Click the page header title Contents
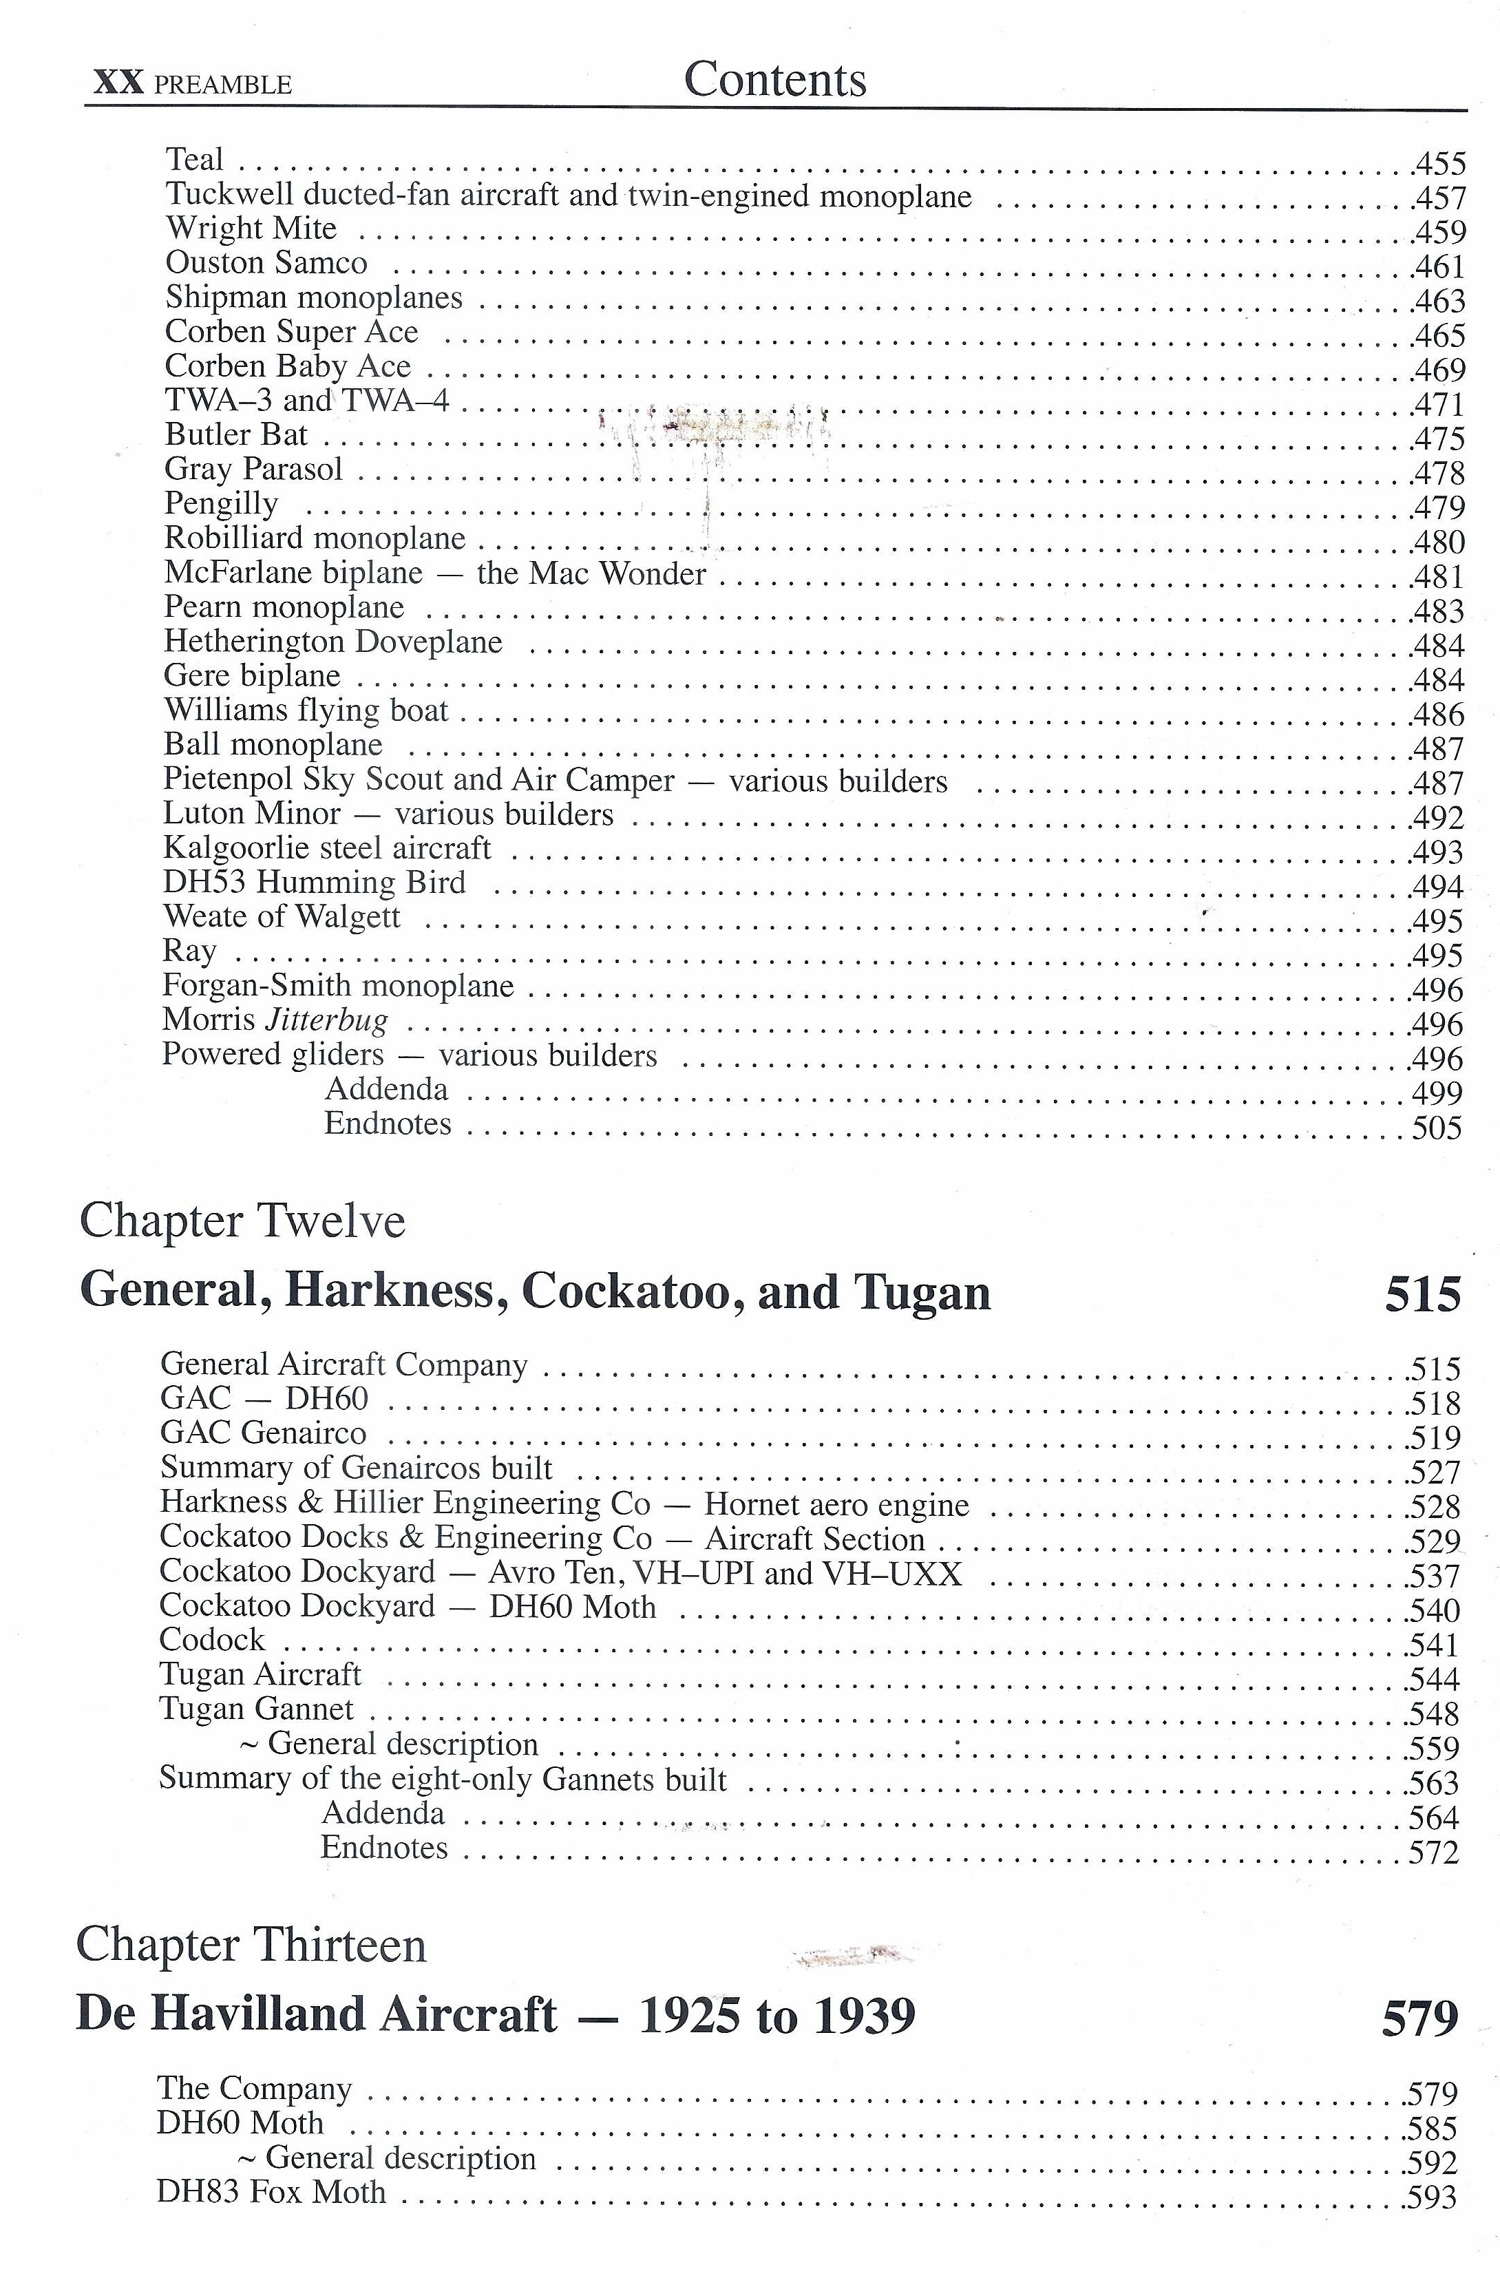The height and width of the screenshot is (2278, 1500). click(x=774, y=79)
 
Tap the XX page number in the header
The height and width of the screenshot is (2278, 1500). click(x=118, y=83)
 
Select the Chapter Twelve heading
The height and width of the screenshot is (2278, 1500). click(x=242, y=1221)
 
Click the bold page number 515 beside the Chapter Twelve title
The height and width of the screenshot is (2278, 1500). click(x=1422, y=1294)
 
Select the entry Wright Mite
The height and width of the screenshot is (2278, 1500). click(x=251, y=229)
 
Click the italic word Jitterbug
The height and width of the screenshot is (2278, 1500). click(x=326, y=1020)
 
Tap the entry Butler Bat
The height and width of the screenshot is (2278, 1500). click(x=235, y=434)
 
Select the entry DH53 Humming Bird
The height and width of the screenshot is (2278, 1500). click(x=314, y=883)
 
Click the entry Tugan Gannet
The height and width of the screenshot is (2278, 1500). click(x=257, y=1709)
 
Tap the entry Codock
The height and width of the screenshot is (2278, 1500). click(x=211, y=1640)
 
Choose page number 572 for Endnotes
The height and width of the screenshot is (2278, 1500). click(x=1434, y=1852)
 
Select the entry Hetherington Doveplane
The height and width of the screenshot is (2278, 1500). click(x=332, y=642)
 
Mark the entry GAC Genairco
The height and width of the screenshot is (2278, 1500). click(x=263, y=1433)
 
